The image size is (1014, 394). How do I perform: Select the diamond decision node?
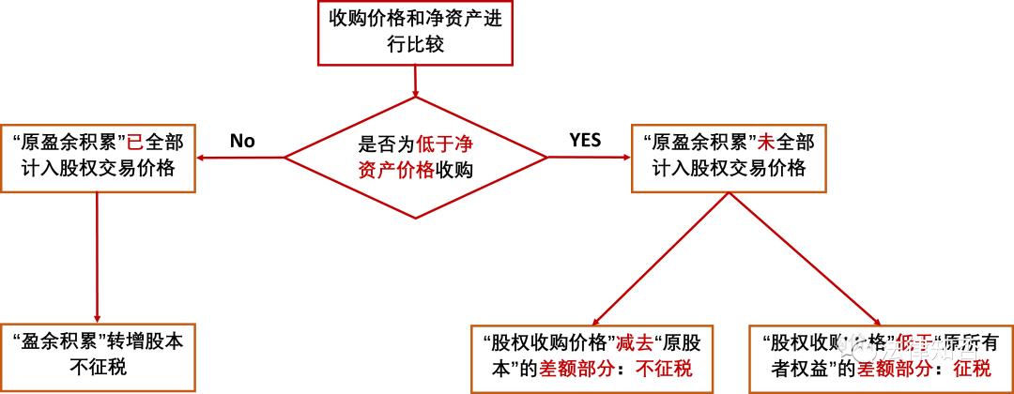tap(415, 156)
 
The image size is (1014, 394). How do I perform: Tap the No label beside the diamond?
tap(242, 141)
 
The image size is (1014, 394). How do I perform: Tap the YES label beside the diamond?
tap(585, 141)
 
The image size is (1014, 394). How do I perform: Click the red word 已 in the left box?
tap(137, 143)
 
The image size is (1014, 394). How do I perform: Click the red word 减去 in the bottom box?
tap(631, 342)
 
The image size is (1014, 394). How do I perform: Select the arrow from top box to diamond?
tap(415, 79)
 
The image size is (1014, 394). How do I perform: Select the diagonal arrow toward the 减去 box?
tap(657, 258)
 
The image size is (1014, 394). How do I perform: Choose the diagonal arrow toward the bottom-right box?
tap(807, 258)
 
